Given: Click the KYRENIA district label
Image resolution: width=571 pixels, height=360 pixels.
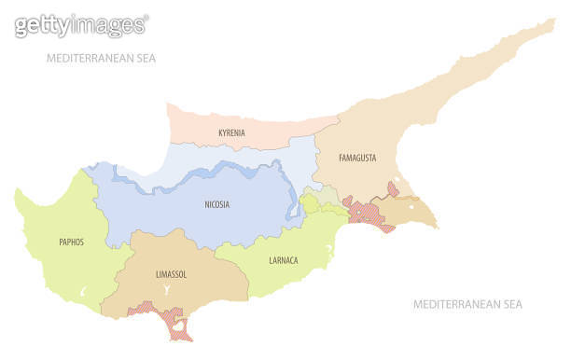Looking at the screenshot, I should (x=231, y=133).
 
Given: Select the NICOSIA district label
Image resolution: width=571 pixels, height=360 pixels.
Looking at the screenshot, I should (x=216, y=204).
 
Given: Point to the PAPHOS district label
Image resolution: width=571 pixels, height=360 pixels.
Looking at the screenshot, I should (x=70, y=242).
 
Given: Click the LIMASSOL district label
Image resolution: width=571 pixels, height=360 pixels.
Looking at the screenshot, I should (x=170, y=274).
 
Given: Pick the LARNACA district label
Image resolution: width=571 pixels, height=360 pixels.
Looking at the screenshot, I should (x=283, y=261).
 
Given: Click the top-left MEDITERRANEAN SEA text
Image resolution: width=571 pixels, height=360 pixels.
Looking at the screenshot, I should (x=102, y=58).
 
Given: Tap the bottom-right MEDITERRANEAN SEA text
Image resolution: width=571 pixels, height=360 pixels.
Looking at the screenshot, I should (x=467, y=305).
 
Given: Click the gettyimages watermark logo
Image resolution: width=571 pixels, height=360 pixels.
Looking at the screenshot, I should (x=81, y=25).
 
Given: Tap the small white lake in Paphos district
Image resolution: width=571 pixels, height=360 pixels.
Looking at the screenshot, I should (x=82, y=293).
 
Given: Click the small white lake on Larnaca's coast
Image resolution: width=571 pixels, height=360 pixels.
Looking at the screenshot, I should (x=328, y=250).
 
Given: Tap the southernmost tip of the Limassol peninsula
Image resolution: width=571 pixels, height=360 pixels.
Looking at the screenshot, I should (x=183, y=338).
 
